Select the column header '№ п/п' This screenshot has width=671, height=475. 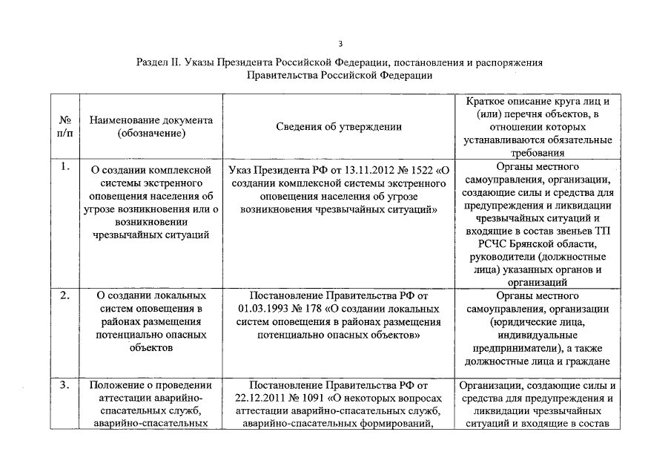[65, 127]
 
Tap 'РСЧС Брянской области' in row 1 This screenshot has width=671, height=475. [538, 244]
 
